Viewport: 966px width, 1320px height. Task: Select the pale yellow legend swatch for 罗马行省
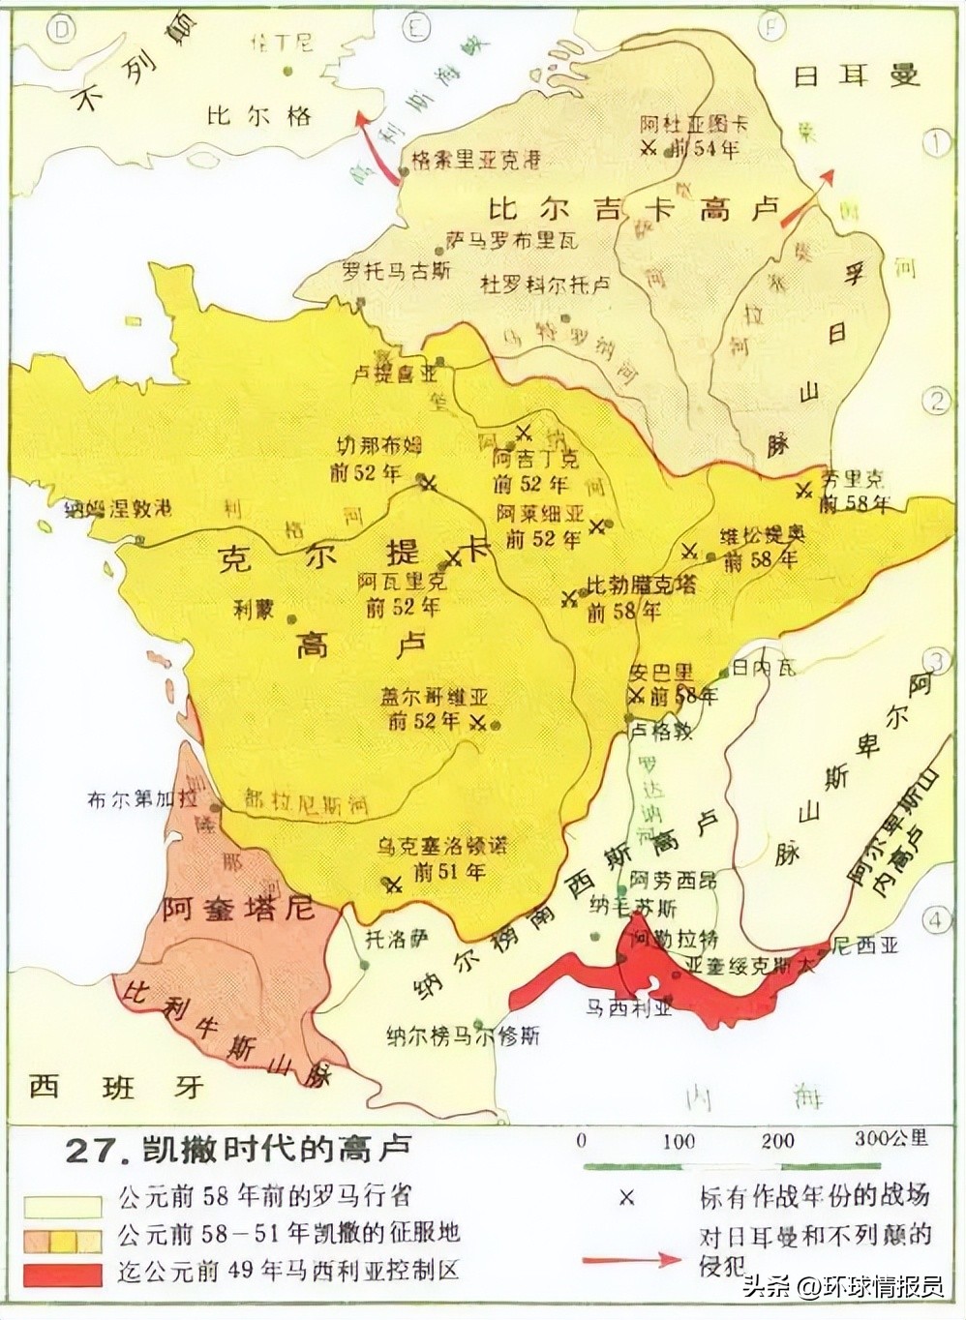(x=63, y=1205)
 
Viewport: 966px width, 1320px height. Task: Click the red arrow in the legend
(x=633, y=1259)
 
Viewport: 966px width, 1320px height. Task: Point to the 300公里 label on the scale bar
(x=890, y=1138)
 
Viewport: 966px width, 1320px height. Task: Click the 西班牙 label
(x=116, y=1086)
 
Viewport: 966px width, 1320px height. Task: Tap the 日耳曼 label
(x=856, y=75)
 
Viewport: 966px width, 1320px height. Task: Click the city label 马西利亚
(x=628, y=1007)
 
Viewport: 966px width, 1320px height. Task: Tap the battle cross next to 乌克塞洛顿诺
(x=392, y=884)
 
